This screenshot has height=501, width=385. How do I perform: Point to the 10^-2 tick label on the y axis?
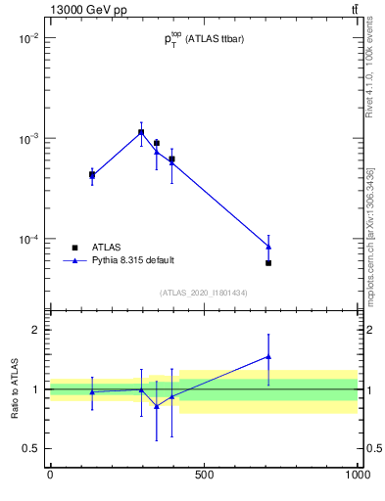[x=26, y=38]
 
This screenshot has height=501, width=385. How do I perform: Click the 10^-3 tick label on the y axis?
[x=26, y=139]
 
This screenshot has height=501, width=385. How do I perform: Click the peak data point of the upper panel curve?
[x=141, y=132]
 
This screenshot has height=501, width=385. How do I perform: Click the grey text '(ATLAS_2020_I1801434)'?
[x=204, y=293]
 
